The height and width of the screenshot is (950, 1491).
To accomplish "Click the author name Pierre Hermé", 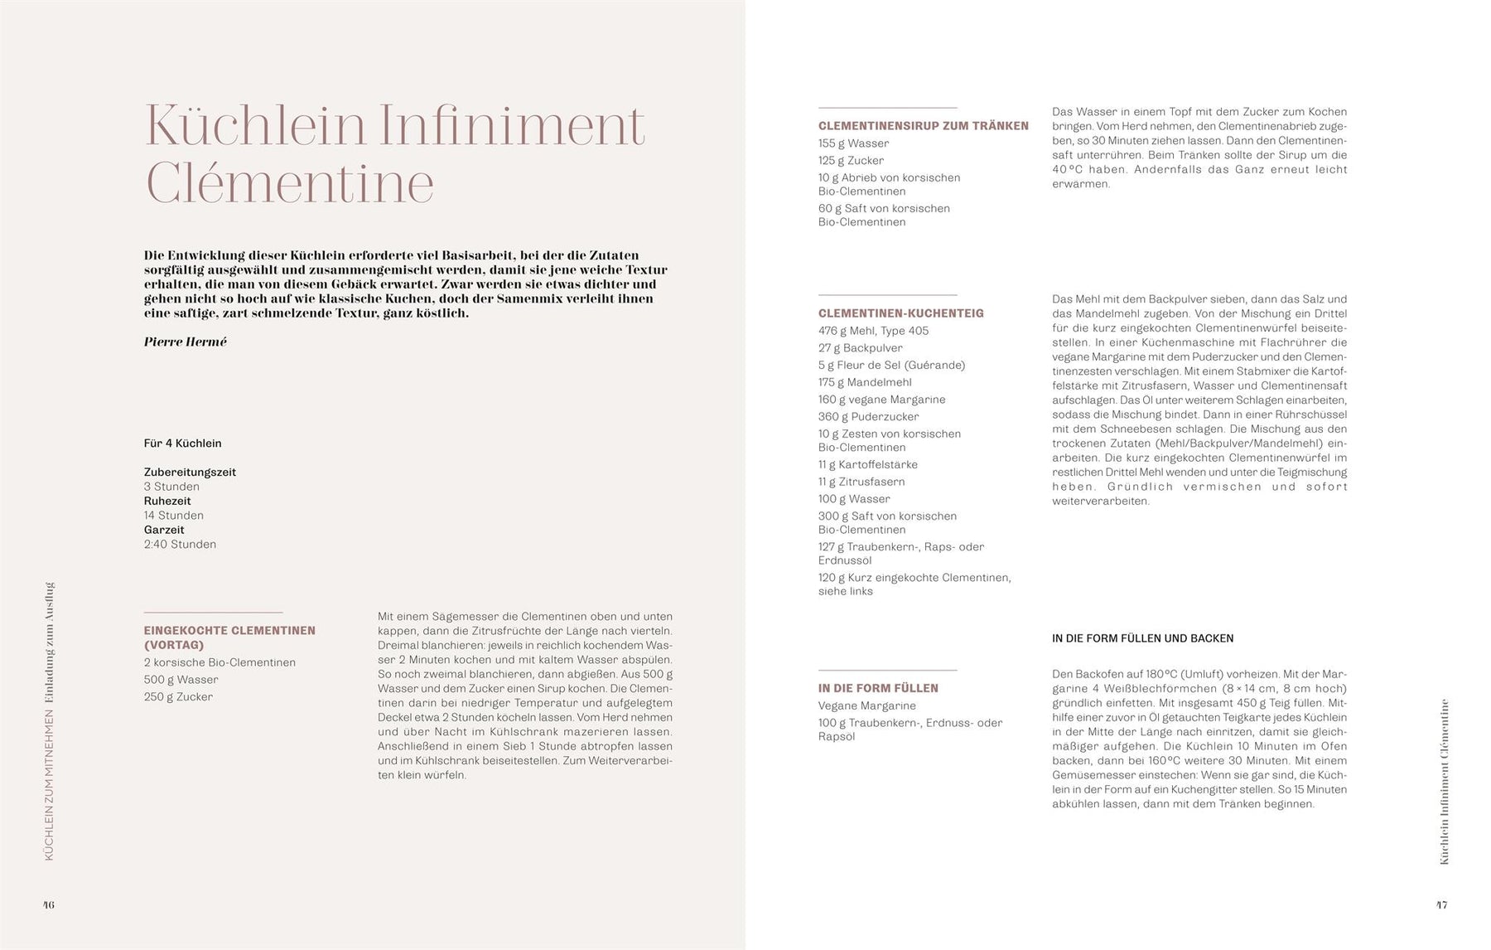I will click(x=185, y=342).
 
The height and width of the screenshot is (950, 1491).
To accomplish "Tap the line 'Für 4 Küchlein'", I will click(x=183, y=443).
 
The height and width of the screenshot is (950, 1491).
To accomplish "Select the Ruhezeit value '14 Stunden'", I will click(x=174, y=516).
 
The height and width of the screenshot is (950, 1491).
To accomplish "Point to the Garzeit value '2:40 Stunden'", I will click(x=180, y=545).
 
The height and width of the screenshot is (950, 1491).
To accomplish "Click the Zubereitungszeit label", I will click(x=190, y=473).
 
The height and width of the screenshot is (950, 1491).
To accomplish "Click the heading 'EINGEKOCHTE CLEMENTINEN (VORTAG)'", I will click(x=229, y=637).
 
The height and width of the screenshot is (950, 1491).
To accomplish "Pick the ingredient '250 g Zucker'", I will click(x=178, y=697).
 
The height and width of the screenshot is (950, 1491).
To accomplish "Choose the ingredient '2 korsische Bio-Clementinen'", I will click(x=220, y=662).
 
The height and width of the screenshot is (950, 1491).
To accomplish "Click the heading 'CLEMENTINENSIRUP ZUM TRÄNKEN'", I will click(x=924, y=126).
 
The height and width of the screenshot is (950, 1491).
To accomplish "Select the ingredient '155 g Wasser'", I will click(x=853, y=143).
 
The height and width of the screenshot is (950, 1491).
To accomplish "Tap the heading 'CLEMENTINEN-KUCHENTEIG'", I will click(x=901, y=313).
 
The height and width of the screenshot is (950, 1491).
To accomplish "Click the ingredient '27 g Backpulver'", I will click(x=861, y=348).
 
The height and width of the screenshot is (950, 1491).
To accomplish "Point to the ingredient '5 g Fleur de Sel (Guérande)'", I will click(x=891, y=365).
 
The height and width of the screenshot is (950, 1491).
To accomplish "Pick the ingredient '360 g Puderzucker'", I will click(x=868, y=417).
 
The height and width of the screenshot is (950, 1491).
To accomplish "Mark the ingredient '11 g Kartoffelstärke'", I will click(x=868, y=465).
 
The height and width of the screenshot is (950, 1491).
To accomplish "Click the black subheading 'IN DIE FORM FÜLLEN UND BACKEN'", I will click(x=1142, y=638).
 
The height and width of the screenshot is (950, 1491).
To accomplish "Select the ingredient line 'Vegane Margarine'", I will click(x=867, y=706).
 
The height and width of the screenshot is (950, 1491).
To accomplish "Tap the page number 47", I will click(x=1441, y=904).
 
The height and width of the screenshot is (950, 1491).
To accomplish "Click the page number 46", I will click(x=49, y=904).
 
